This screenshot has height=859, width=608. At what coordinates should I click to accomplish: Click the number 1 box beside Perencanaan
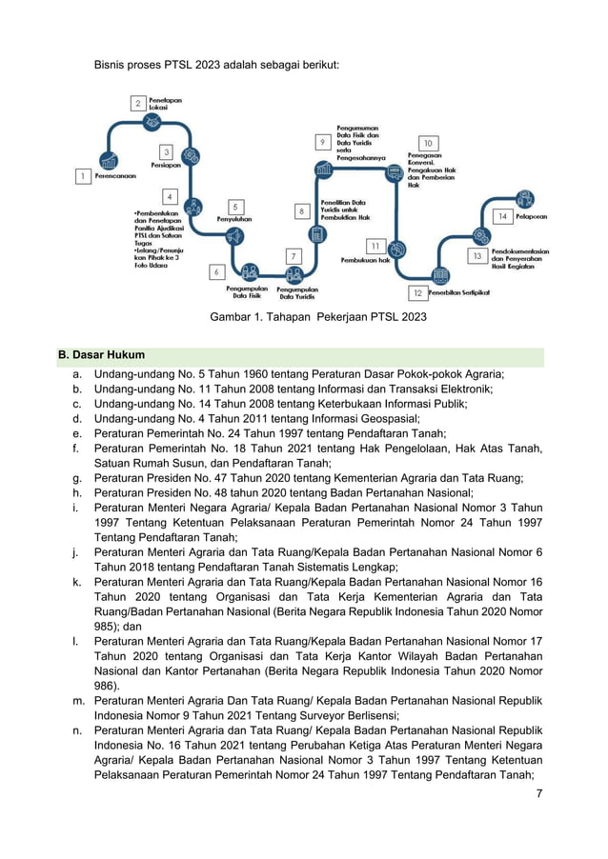tap(84, 176)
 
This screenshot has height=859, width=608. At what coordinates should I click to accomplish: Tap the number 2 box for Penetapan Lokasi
tap(138, 103)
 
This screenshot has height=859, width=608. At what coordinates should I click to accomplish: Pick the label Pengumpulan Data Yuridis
tap(297, 291)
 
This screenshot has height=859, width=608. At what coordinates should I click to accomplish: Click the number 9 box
tap(323, 142)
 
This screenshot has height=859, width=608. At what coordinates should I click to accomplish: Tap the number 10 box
tap(428, 144)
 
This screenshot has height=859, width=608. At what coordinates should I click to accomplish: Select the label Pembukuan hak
tap(365, 259)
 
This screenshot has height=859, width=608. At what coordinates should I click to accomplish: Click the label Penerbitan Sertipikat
tap(458, 293)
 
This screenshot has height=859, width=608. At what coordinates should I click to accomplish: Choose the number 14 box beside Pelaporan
tap(502, 217)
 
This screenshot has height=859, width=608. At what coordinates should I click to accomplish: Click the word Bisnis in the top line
tap(112, 65)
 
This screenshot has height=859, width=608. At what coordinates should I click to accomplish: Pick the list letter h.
tap(75, 492)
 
